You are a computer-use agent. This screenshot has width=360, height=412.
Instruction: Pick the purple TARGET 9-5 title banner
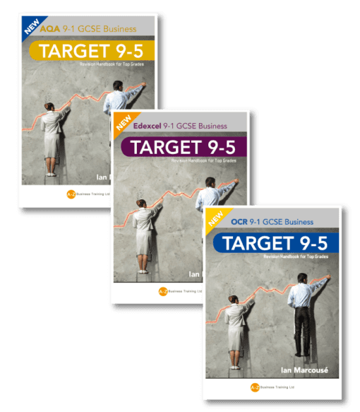tap(181, 148)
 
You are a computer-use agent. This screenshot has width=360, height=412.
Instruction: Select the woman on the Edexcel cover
tap(145, 233)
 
